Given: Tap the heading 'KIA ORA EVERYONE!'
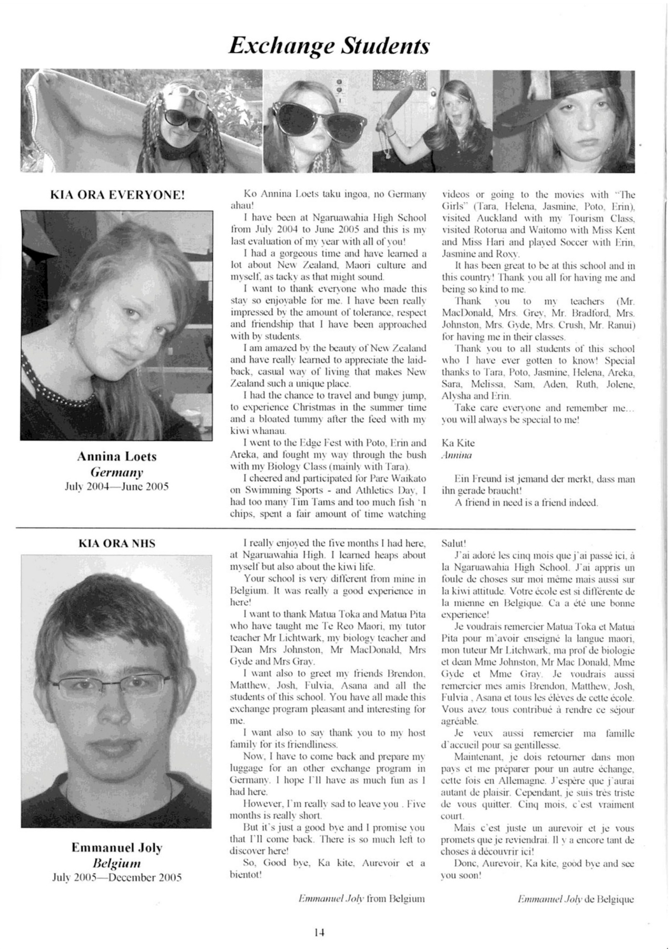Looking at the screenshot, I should click(x=117, y=195).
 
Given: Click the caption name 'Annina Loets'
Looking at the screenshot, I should click(x=117, y=456).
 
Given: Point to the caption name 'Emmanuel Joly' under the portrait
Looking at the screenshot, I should click(x=117, y=848).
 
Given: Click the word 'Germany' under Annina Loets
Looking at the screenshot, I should click(x=117, y=471).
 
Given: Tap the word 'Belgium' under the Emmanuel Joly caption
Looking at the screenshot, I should click(x=117, y=863).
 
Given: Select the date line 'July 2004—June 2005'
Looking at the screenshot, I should click(x=117, y=486).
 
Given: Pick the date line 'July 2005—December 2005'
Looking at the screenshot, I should click(x=117, y=878).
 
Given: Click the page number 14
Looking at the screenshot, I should click(x=319, y=932).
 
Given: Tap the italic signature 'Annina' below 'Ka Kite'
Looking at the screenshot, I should click(x=456, y=454).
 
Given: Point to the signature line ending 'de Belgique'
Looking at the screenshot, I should click(x=576, y=899).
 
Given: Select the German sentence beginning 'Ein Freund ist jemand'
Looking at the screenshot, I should click(x=538, y=485).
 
